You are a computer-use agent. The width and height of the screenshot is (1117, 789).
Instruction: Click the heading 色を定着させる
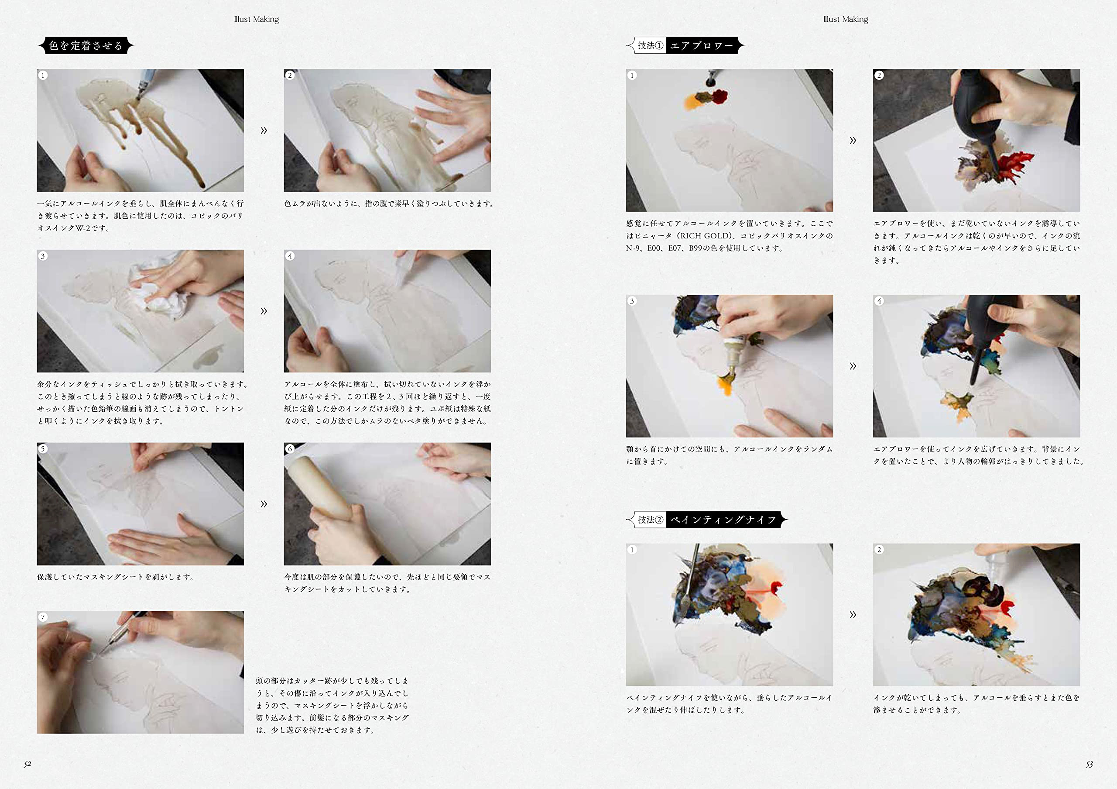86,45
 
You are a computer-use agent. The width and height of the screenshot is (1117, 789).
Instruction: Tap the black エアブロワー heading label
703,45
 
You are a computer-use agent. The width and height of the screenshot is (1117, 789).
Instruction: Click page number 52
27,764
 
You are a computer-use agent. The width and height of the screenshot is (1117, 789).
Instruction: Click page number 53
1089,764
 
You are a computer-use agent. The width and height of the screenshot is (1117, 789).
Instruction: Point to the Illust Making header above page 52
257,19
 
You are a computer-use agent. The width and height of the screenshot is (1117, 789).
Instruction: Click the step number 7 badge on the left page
43,617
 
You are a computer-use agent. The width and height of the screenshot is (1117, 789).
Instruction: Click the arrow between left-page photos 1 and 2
264,130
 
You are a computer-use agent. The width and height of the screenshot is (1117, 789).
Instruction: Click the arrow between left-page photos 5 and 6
264,503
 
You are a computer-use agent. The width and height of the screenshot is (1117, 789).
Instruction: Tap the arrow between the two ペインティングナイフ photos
853,614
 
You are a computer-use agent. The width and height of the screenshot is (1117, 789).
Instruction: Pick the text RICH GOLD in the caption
706,236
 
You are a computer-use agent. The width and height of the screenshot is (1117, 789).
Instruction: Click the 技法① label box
650,45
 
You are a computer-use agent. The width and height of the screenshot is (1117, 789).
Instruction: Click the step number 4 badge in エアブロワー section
879,301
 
